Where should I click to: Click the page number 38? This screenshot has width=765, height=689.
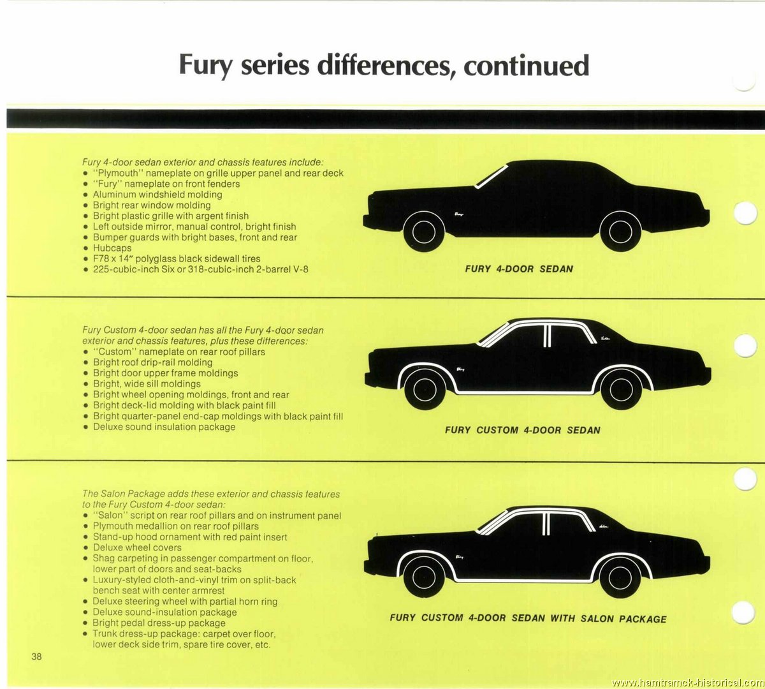pyautogui.click(x=36, y=657)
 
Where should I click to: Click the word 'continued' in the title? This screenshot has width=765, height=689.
pyautogui.click(x=527, y=66)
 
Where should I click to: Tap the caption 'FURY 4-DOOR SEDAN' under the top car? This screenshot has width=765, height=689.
pyautogui.click(x=519, y=269)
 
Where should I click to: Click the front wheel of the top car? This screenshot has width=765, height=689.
pyautogui.click(x=424, y=232)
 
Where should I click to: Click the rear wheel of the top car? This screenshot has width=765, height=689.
pyautogui.click(x=620, y=232)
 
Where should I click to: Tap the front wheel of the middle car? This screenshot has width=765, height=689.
pyautogui.click(x=425, y=389)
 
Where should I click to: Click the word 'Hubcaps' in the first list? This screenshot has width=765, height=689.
pyautogui.click(x=112, y=248)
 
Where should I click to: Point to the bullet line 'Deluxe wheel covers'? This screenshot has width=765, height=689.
pyautogui.click(x=137, y=548)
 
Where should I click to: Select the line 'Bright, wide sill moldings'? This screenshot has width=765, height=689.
pyautogui.click(x=147, y=384)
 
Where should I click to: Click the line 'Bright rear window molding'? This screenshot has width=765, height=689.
pyautogui.click(x=152, y=205)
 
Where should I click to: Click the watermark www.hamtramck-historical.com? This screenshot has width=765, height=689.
pyautogui.click(x=687, y=683)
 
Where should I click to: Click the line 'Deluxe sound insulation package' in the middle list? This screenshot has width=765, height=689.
pyautogui.click(x=164, y=427)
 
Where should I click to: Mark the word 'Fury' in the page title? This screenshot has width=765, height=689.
pyautogui.click(x=205, y=66)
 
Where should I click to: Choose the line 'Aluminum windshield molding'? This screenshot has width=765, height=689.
pyautogui.click(x=157, y=195)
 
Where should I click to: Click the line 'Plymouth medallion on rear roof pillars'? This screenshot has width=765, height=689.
pyautogui.click(x=176, y=526)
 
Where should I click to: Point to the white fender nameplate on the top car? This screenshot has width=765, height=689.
pyautogui.click(x=459, y=214)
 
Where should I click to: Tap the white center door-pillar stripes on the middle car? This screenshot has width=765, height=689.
pyautogui.click(x=547, y=336)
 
